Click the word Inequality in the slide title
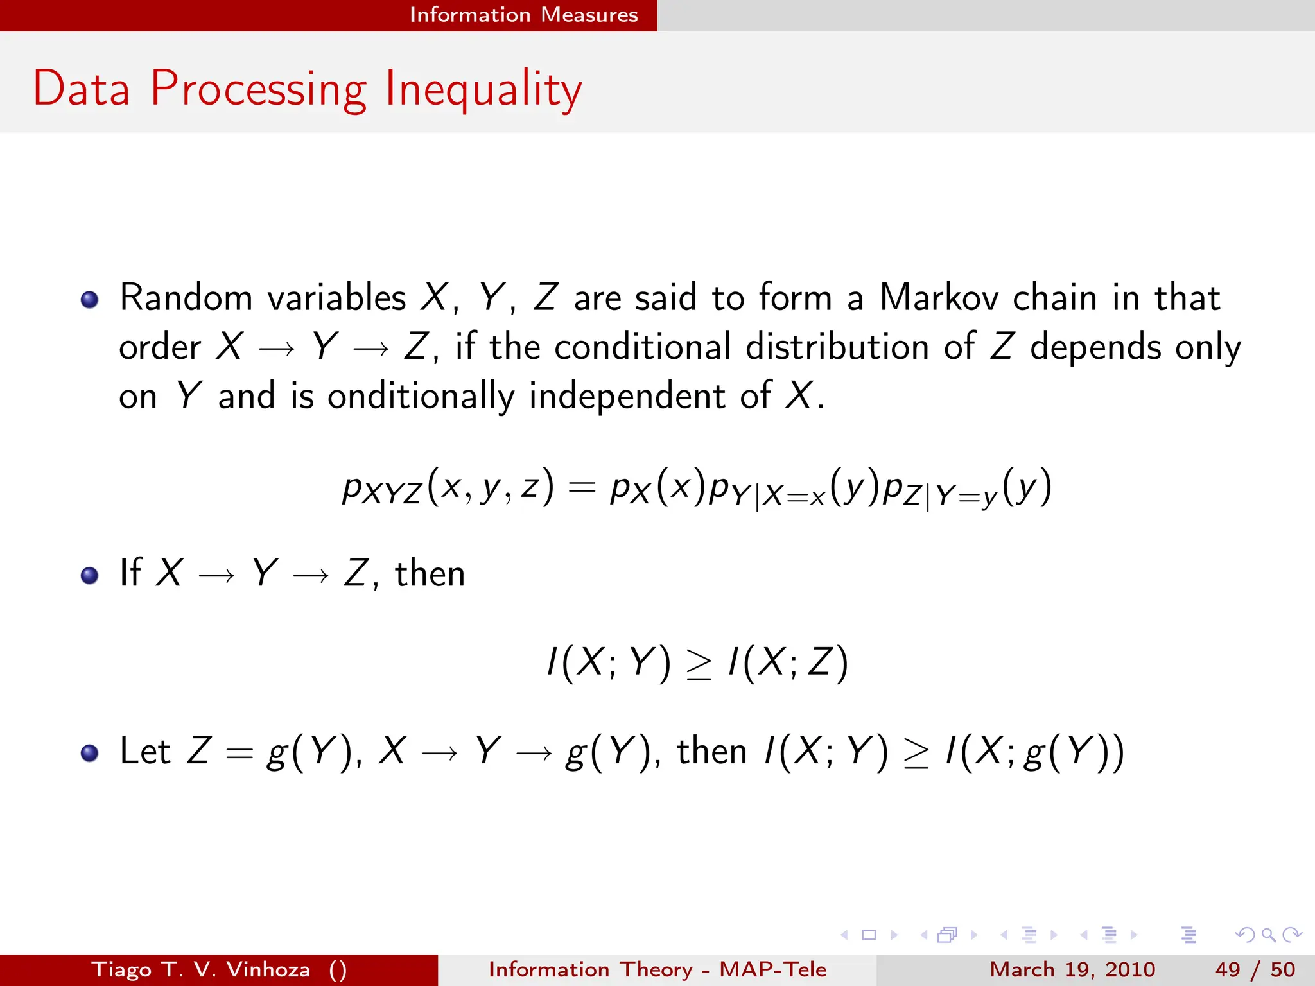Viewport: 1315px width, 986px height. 483,89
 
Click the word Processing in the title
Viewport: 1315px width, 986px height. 258,89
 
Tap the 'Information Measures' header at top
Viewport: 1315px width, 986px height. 523,15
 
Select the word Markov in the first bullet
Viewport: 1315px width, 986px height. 938,298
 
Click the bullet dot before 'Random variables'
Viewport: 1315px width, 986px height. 90,300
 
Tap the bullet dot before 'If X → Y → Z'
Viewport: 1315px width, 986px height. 90,575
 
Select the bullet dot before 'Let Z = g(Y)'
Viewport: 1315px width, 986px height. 90,753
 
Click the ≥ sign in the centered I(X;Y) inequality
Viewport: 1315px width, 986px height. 699,665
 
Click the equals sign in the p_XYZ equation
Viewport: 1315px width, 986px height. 582,489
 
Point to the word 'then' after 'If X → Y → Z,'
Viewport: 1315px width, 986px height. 430,573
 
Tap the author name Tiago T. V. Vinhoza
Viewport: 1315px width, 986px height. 200,969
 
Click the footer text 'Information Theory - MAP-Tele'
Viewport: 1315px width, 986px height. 657,969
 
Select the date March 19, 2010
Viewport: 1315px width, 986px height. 1072,969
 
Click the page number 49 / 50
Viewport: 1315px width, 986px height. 1255,969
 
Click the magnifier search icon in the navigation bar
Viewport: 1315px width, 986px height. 1268,935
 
